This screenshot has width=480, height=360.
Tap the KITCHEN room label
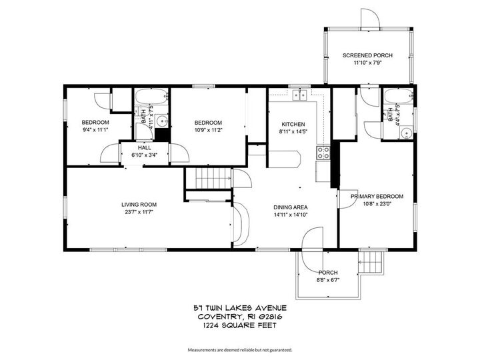[x=293, y=124]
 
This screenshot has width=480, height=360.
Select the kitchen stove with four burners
[x=323, y=151]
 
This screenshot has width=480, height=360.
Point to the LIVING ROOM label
[x=139, y=204]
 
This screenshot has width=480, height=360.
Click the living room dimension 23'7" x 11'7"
[x=139, y=212]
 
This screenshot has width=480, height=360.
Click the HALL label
[x=145, y=147]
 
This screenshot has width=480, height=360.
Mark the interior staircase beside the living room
[x=208, y=179]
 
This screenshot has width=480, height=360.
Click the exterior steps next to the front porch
[x=373, y=263]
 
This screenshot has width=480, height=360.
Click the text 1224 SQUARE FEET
[x=239, y=325]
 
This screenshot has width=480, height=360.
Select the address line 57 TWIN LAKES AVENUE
[x=239, y=308]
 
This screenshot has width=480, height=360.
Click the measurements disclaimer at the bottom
[x=239, y=349]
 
